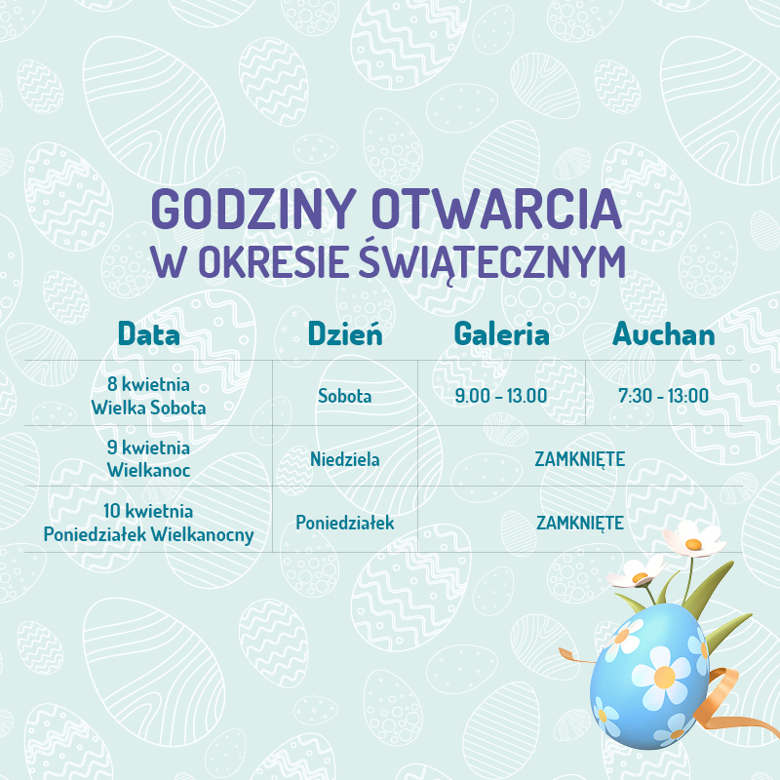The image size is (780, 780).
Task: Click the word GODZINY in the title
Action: click(x=253, y=208)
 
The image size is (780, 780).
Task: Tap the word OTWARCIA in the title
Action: click(x=496, y=208)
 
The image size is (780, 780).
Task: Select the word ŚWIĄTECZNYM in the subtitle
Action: click(x=492, y=261)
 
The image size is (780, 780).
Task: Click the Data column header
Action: click(x=149, y=333)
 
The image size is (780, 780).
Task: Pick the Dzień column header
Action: click(x=345, y=332)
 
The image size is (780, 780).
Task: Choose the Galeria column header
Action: click(x=501, y=333)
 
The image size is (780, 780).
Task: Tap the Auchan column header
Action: click(x=664, y=333)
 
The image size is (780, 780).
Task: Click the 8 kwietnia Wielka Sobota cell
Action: click(x=148, y=396)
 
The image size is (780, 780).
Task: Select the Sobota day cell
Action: click(x=345, y=396)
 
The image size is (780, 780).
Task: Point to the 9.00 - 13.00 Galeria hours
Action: click(x=501, y=396)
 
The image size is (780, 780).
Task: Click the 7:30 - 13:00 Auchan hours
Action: click(x=664, y=396)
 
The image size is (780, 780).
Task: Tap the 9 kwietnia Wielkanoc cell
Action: click(x=148, y=458)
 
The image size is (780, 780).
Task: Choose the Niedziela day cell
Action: click(x=345, y=459)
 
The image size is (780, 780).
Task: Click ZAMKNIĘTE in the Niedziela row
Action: click(x=580, y=459)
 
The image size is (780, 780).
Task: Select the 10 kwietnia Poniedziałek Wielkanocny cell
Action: click(x=148, y=523)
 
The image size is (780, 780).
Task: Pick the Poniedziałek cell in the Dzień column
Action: click(x=345, y=523)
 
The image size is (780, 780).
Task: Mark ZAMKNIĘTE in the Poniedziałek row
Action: click(x=580, y=524)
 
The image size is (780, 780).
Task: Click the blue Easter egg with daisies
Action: click(x=649, y=677)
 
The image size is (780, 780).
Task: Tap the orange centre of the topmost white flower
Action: click(x=693, y=544)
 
